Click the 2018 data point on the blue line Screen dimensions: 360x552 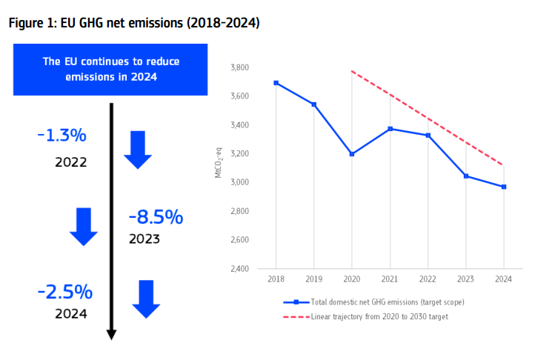click(x=276, y=83)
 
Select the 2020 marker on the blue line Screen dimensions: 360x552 click(x=352, y=154)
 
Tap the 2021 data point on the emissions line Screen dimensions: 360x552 click(x=390, y=129)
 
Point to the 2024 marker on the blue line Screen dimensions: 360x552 click(x=504, y=187)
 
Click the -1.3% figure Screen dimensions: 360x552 click(x=61, y=136)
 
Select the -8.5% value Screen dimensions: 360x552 click(x=156, y=217)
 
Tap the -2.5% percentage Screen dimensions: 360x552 click(x=64, y=291)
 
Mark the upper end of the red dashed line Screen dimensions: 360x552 click(x=352, y=72)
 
